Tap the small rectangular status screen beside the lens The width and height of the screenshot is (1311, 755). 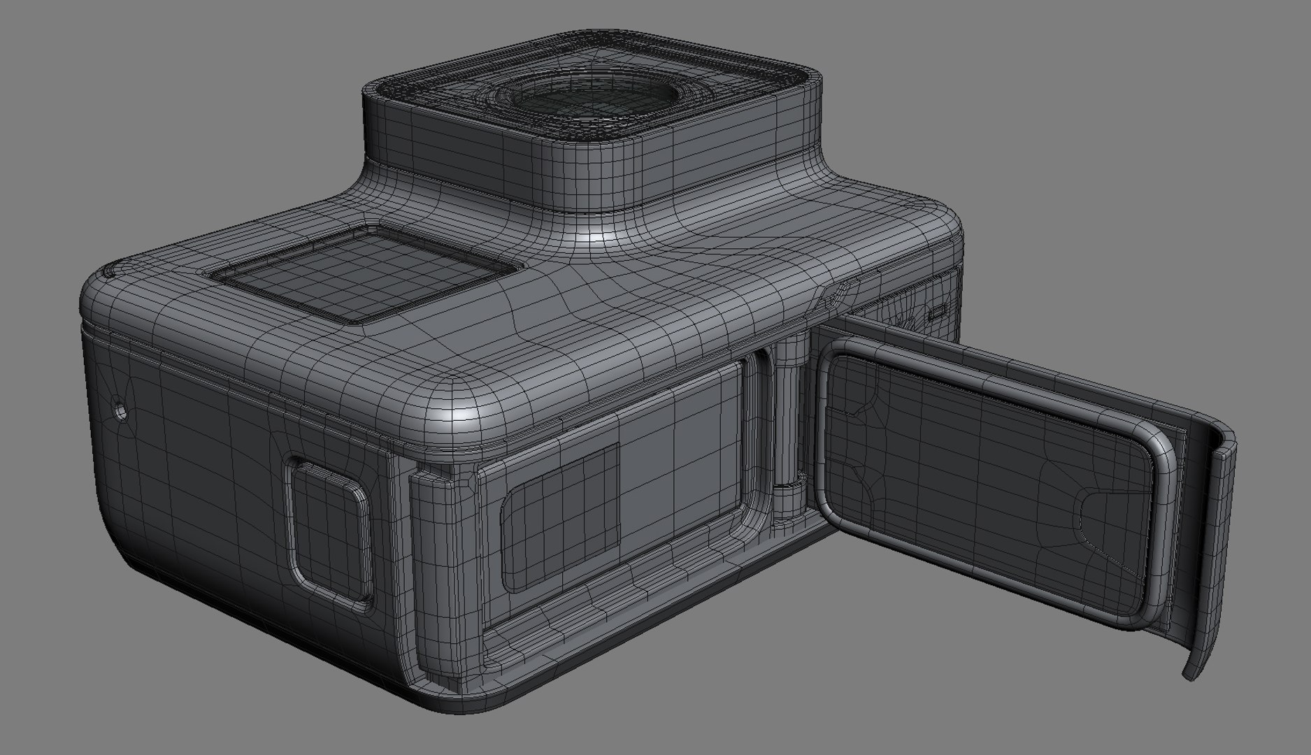[363, 275]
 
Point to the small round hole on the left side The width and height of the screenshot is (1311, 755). [120, 411]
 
